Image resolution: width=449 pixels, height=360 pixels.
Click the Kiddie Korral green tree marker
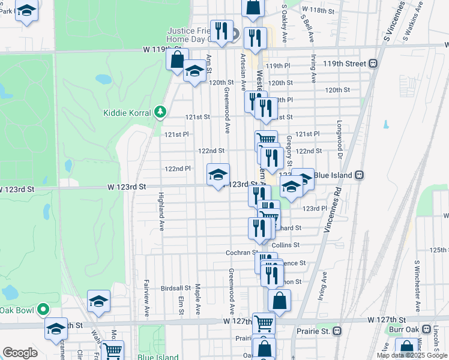pos(160,112)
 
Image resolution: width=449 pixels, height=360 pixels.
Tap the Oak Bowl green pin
pos(43,310)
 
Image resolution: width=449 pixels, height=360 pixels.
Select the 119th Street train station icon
pos(373,63)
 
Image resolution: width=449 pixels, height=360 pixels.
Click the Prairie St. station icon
pos(338,331)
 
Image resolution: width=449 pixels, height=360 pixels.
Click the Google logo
pos(20,353)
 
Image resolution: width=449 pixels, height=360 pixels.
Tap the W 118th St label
pos(318,10)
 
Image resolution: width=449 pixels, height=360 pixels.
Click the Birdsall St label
pos(176,288)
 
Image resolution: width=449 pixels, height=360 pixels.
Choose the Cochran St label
pos(242,253)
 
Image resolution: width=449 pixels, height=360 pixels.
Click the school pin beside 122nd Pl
pos(218,175)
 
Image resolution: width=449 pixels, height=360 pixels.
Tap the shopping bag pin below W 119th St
pos(177,60)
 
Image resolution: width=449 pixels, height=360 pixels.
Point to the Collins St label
pos(285,245)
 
